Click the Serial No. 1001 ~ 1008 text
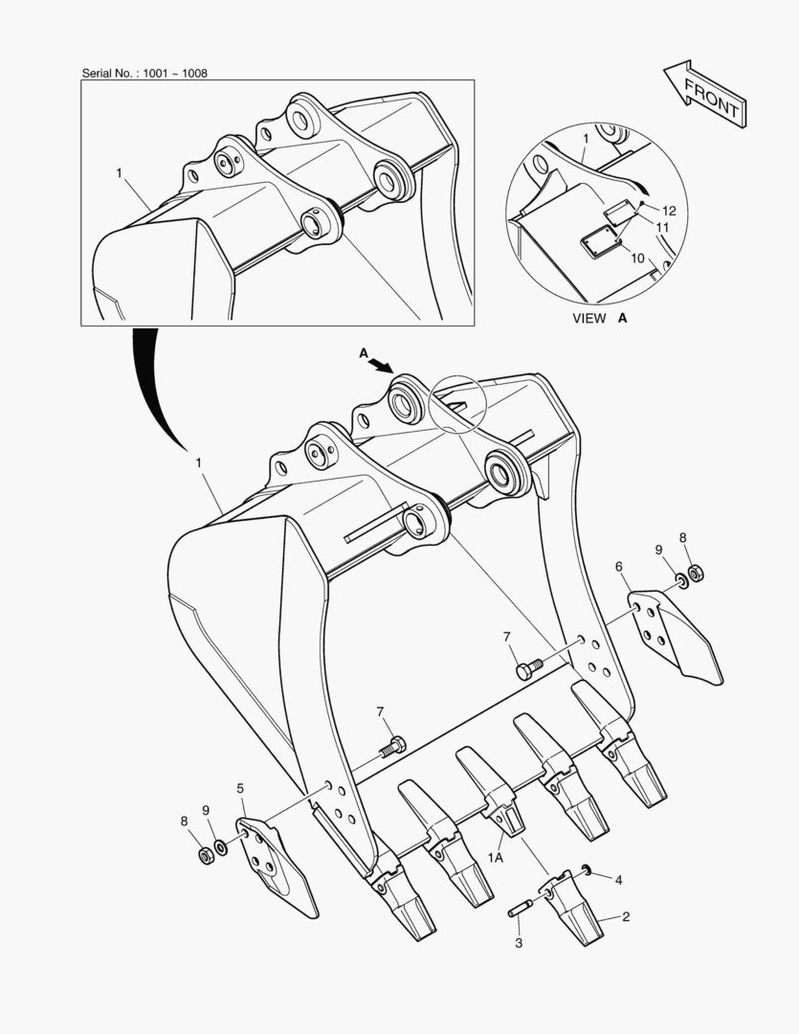click(144, 73)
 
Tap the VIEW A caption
click(600, 319)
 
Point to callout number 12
click(669, 211)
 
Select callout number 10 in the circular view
click(637, 258)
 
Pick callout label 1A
click(496, 857)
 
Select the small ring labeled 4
click(585, 868)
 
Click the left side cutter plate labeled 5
click(276, 867)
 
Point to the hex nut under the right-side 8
click(696, 573)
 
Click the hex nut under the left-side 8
click(207, 856)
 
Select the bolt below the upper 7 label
click(529, 668)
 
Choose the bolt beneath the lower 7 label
click(393, 747)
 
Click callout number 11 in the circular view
click(662, 227)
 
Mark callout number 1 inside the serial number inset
click(120, 172)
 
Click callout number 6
click(618, 567)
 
